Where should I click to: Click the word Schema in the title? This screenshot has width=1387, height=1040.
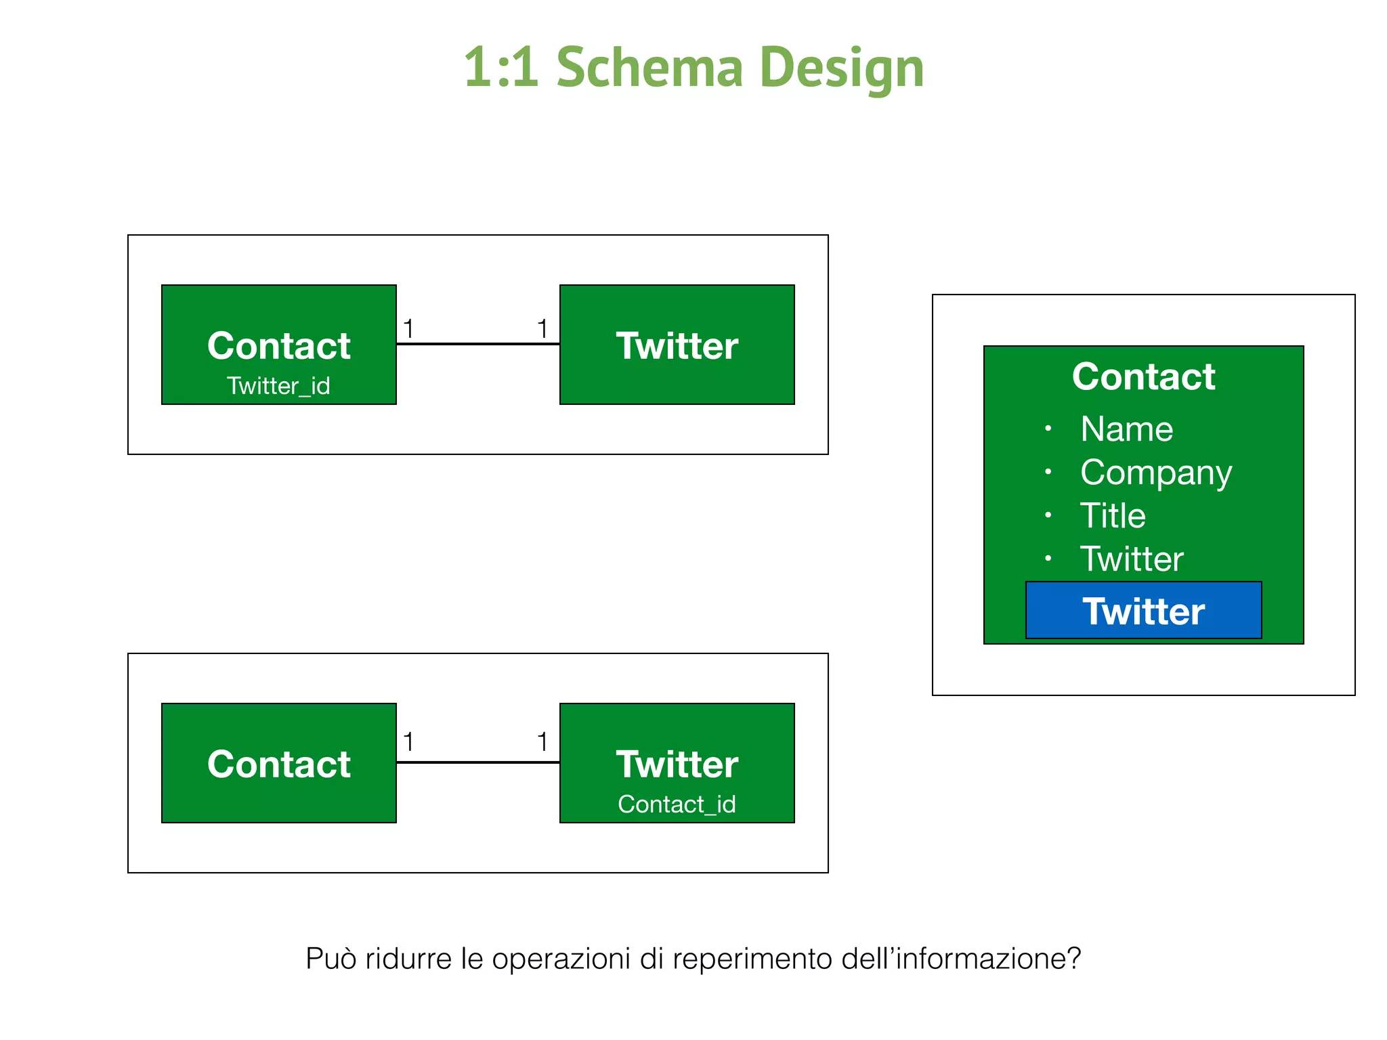point(649,68)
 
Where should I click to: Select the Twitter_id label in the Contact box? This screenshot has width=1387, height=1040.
point(278,386)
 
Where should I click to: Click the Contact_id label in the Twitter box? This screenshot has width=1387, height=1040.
point(677,804)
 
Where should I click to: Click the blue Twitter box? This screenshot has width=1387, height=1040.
point(1143,611)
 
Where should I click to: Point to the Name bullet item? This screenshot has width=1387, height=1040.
point(1126,429)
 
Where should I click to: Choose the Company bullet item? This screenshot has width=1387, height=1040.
point(1155,473)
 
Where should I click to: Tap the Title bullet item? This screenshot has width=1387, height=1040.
point(1113,516)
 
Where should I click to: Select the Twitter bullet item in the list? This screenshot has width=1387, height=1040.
point(1132,559)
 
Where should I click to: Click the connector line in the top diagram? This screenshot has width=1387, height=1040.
point(478,344)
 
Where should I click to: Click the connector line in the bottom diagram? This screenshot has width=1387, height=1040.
point(478,762)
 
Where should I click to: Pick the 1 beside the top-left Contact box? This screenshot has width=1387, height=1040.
point(408,329)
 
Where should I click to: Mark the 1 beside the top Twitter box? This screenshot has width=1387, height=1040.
point(542,329)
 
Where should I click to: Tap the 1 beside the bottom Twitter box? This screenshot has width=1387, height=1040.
point(542,742)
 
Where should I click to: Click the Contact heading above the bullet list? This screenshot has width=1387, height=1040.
point(1143,376)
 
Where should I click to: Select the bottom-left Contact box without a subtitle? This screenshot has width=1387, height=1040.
point(278,763)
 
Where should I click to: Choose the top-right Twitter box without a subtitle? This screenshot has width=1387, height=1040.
point(677,345)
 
